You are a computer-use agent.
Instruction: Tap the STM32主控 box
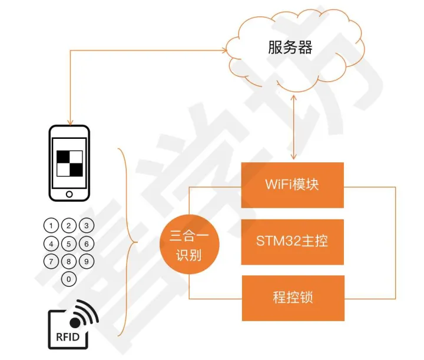point(292,241)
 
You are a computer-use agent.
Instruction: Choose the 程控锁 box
point(292,297)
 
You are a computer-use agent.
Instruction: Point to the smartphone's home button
point(69,194)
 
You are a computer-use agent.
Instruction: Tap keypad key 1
point(52,226)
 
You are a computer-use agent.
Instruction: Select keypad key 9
point(87,261)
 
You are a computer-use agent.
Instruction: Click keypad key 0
point(69,279)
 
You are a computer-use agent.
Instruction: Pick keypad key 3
point(87,226)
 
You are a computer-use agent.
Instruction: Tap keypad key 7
point(52,261)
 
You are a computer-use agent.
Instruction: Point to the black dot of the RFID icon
point(75,322)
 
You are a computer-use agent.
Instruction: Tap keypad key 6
point(87,244)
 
